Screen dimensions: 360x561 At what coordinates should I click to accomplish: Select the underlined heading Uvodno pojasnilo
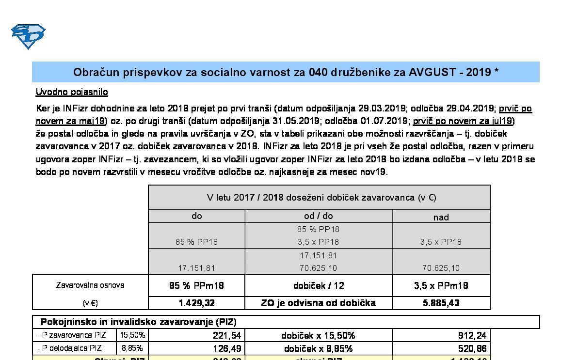[72, 92]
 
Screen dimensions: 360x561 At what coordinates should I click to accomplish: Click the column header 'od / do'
[318, 216]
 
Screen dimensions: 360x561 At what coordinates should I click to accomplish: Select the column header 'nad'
[441, 217]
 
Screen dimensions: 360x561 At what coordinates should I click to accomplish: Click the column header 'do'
[196, 216]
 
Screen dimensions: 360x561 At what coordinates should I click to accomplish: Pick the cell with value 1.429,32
[196, 303]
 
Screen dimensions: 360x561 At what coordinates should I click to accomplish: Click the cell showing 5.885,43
[441, 303]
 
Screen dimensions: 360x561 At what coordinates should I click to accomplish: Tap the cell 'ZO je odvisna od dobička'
[318, 303]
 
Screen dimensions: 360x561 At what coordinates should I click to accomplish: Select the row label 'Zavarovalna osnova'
[90, 285]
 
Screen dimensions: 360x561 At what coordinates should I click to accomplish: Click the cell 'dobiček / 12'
[318, 285]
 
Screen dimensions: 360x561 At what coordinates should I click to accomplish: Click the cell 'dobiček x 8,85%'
[318, 348]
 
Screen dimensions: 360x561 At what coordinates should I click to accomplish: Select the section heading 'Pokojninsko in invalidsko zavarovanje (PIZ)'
[138, 322]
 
